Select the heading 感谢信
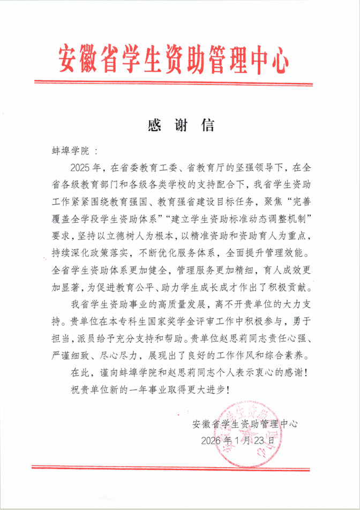click(x=181, y=125)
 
